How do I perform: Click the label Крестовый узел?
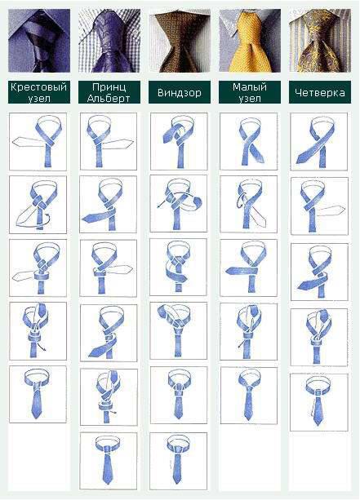click(39, 92)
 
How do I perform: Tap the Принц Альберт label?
click(109, 92)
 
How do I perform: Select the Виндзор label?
click(180, 92)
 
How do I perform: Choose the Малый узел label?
click(250, 92)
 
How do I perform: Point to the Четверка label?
click(320, 92)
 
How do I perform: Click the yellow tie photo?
click(250, 41)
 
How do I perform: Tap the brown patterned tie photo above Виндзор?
click(180, 41)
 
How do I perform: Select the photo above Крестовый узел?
click(39, 41)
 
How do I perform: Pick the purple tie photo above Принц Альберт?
click(109, 41)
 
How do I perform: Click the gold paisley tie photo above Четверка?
click(320, 41)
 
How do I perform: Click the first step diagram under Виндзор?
click(179, 141)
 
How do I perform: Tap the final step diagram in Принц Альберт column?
click(109, 461)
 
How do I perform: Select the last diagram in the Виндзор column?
click(179, 461)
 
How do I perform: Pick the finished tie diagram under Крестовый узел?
click(38, 395)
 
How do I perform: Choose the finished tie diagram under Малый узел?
click(249, 396)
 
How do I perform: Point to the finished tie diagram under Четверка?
click(319, 402)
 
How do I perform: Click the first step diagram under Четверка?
click(319, 142)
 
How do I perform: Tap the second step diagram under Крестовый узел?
click(38, 205)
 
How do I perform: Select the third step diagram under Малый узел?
click(249, 268)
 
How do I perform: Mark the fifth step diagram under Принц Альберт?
click(109, 397)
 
